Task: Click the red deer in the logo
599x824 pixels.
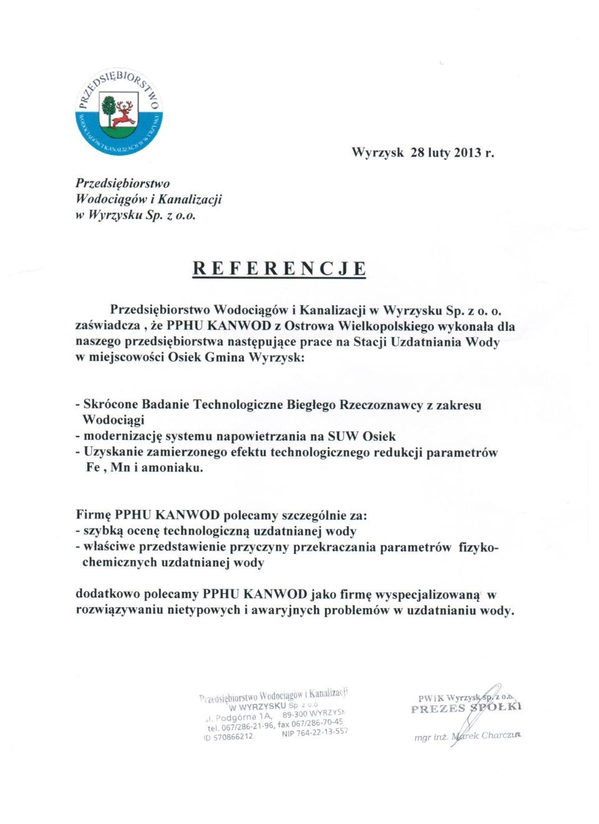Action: (x=125, y=114)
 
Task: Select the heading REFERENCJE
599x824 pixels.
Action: (x=279, y=268)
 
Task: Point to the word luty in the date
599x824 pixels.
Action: (x=439, y=152)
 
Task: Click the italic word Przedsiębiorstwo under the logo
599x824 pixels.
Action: (x=122, y=184)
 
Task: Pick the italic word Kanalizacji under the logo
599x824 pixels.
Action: (x=190, y=200)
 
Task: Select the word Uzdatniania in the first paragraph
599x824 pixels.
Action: (x=427, y=342)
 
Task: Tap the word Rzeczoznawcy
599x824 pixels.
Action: (x=381, y=405)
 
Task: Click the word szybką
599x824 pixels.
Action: (x=100, y=532)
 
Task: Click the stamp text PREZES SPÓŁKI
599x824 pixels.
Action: (x=465, y=708)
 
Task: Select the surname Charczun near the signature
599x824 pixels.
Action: (x=501, y=735)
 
